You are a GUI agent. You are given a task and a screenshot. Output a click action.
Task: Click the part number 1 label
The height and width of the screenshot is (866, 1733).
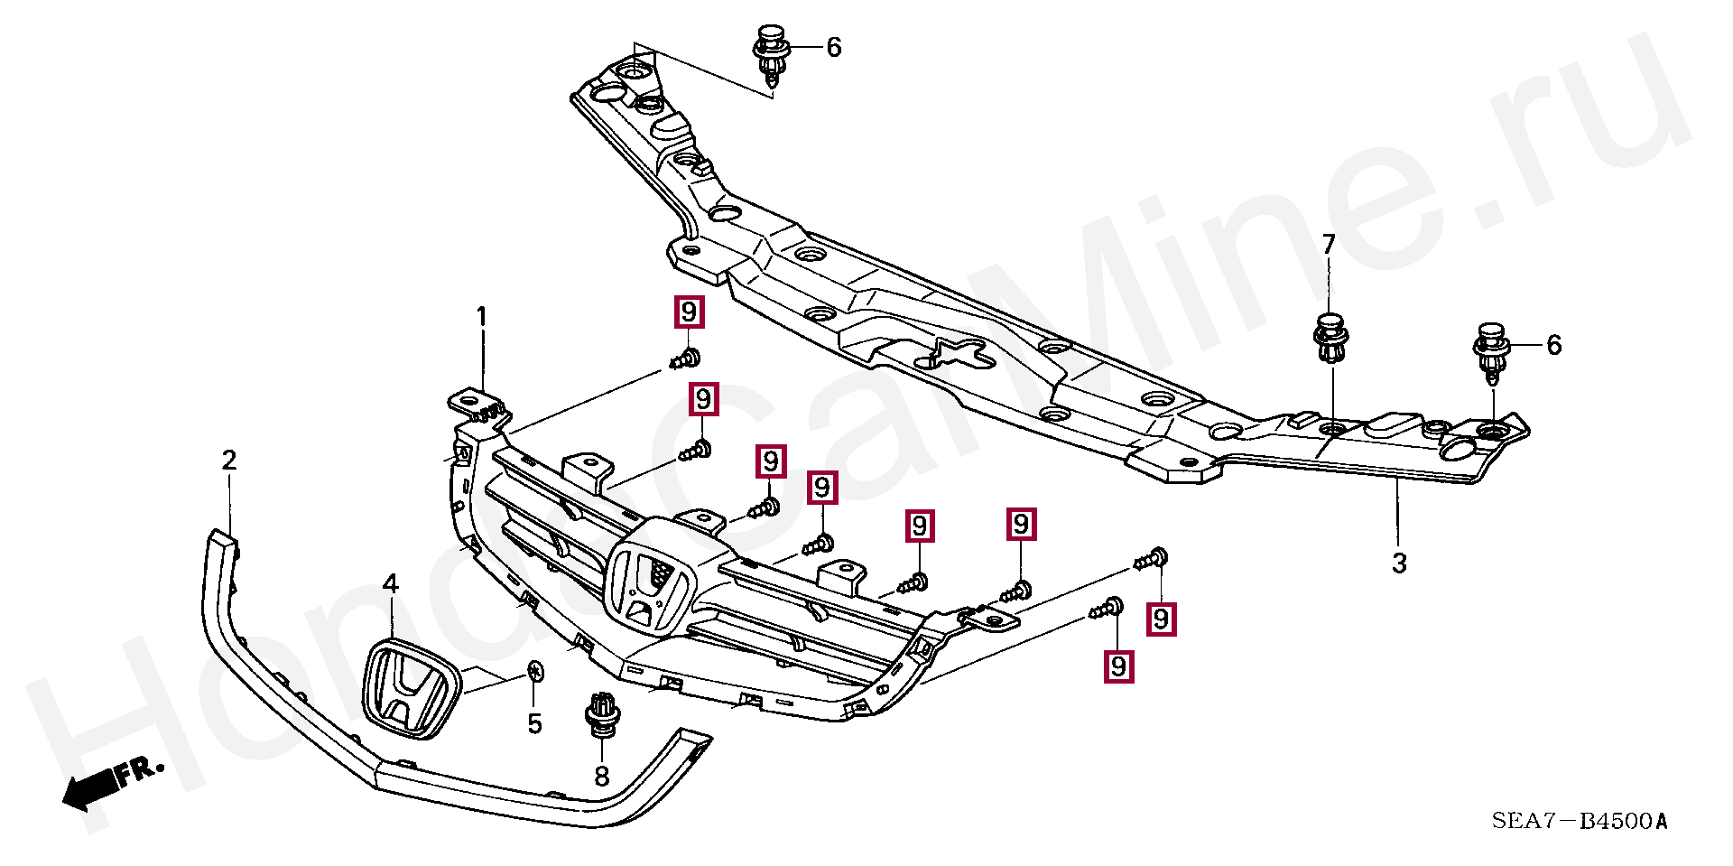481,318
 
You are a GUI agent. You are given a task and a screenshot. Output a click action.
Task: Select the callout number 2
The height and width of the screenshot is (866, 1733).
229,461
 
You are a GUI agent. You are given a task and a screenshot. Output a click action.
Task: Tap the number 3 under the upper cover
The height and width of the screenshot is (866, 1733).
1399,563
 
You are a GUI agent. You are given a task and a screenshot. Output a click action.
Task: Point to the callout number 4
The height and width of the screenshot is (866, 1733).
390,584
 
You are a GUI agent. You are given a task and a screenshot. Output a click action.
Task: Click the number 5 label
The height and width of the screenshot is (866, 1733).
534,723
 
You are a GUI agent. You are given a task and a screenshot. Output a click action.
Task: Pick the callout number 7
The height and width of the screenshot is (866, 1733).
1329,244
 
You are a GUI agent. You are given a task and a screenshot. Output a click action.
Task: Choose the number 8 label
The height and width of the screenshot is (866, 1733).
602,776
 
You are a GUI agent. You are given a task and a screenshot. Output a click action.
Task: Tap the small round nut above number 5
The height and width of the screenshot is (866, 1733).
534,671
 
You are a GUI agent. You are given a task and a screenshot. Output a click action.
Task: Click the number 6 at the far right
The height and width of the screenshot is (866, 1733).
1553,345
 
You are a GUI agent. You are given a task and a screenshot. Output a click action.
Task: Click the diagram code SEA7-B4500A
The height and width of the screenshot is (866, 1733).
1579,821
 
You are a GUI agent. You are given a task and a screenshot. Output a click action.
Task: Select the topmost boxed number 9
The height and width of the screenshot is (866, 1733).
689,312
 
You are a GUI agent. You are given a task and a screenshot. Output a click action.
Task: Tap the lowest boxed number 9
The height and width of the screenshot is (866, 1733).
1118,666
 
